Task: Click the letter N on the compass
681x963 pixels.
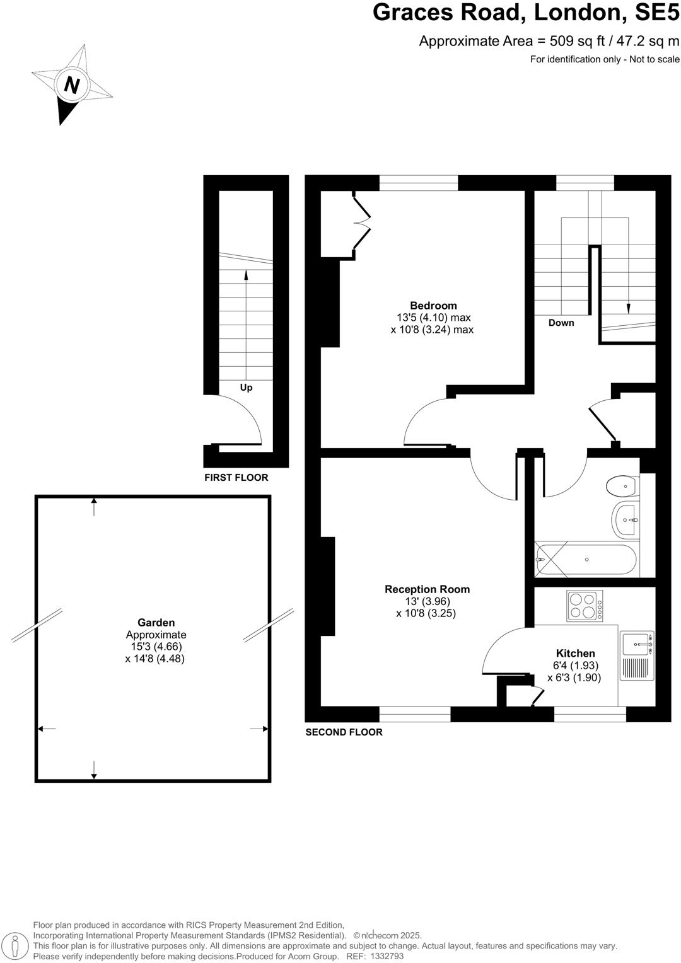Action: coord(72,84)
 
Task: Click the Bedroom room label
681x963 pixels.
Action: coord(433,306)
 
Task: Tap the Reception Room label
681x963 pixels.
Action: coord(427,589)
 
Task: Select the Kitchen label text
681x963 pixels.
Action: coord(575,654)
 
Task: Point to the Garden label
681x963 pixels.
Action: coord(156,623)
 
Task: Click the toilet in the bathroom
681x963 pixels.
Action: coord(622,486)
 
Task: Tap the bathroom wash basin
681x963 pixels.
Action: coord(626,521)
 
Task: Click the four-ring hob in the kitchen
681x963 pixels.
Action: coord(585,606)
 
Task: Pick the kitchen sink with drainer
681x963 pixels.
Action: coord(637,655)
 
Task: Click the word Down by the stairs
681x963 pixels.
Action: coord(561,323)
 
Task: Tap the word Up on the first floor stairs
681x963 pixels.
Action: coord(246,388)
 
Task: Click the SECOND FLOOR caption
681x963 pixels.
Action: coord(344,732)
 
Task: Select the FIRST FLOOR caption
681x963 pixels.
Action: coord(236,478)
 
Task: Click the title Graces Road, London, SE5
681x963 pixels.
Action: coord(526,13)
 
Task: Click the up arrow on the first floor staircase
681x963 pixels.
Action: coord(246,275)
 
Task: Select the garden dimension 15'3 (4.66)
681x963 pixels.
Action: coord(156,647)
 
